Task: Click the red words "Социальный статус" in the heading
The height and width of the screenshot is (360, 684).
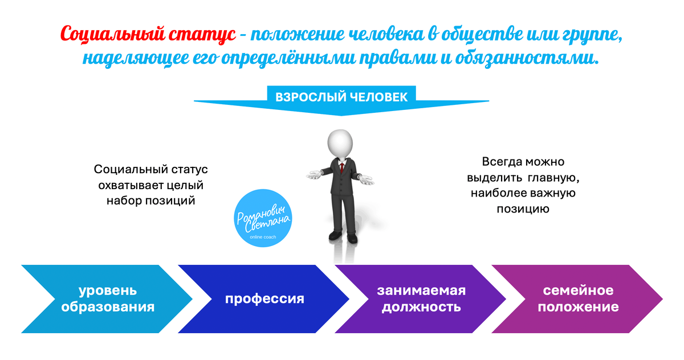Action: (148, 35)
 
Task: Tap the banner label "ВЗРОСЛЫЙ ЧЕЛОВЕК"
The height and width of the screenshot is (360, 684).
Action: (341, 97)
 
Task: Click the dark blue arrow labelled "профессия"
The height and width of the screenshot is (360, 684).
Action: (264, 298)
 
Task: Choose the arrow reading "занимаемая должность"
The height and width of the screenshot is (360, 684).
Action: (421, 298)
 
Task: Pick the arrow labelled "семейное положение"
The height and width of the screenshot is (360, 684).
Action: (578, 298)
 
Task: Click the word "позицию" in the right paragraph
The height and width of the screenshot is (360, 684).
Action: (523, 209)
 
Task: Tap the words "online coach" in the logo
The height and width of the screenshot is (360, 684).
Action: (263, 235)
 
